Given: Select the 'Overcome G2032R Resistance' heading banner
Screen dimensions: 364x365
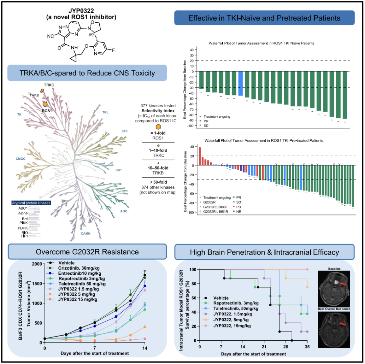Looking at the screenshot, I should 88,252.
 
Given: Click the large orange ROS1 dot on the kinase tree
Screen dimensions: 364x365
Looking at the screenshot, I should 45,105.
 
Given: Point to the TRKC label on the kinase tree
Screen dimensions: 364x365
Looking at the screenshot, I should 49,85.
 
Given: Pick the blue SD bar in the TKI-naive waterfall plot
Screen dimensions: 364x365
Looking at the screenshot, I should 241,84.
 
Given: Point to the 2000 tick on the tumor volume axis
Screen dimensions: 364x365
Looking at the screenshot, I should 35,264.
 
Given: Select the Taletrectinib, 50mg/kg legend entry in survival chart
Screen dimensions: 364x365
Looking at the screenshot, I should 236,309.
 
